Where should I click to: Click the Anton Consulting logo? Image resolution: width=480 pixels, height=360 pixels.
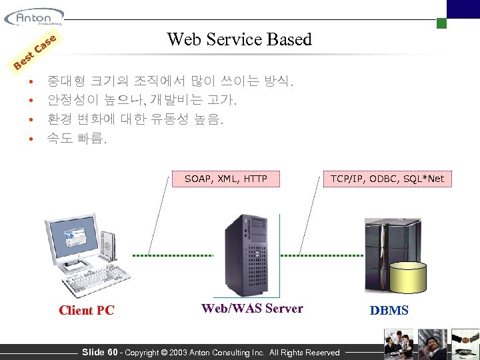pos(33,17)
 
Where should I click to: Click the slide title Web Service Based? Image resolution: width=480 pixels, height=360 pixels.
pos(239,39)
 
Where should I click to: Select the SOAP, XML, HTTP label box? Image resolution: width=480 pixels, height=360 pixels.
pos(225,179)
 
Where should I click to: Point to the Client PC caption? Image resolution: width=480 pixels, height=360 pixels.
pos(87,310)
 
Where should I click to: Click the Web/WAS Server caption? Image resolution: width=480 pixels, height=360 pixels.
pos(252,308)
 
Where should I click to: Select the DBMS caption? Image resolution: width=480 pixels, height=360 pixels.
pos(389,310)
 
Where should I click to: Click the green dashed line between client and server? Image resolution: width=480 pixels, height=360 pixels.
pos(171,255)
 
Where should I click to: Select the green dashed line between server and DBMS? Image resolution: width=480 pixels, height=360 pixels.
pos(322,255)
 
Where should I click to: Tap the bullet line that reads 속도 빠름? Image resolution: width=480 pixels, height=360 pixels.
pos(76,139)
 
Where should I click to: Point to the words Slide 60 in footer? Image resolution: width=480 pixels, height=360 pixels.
pos(99,352)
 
